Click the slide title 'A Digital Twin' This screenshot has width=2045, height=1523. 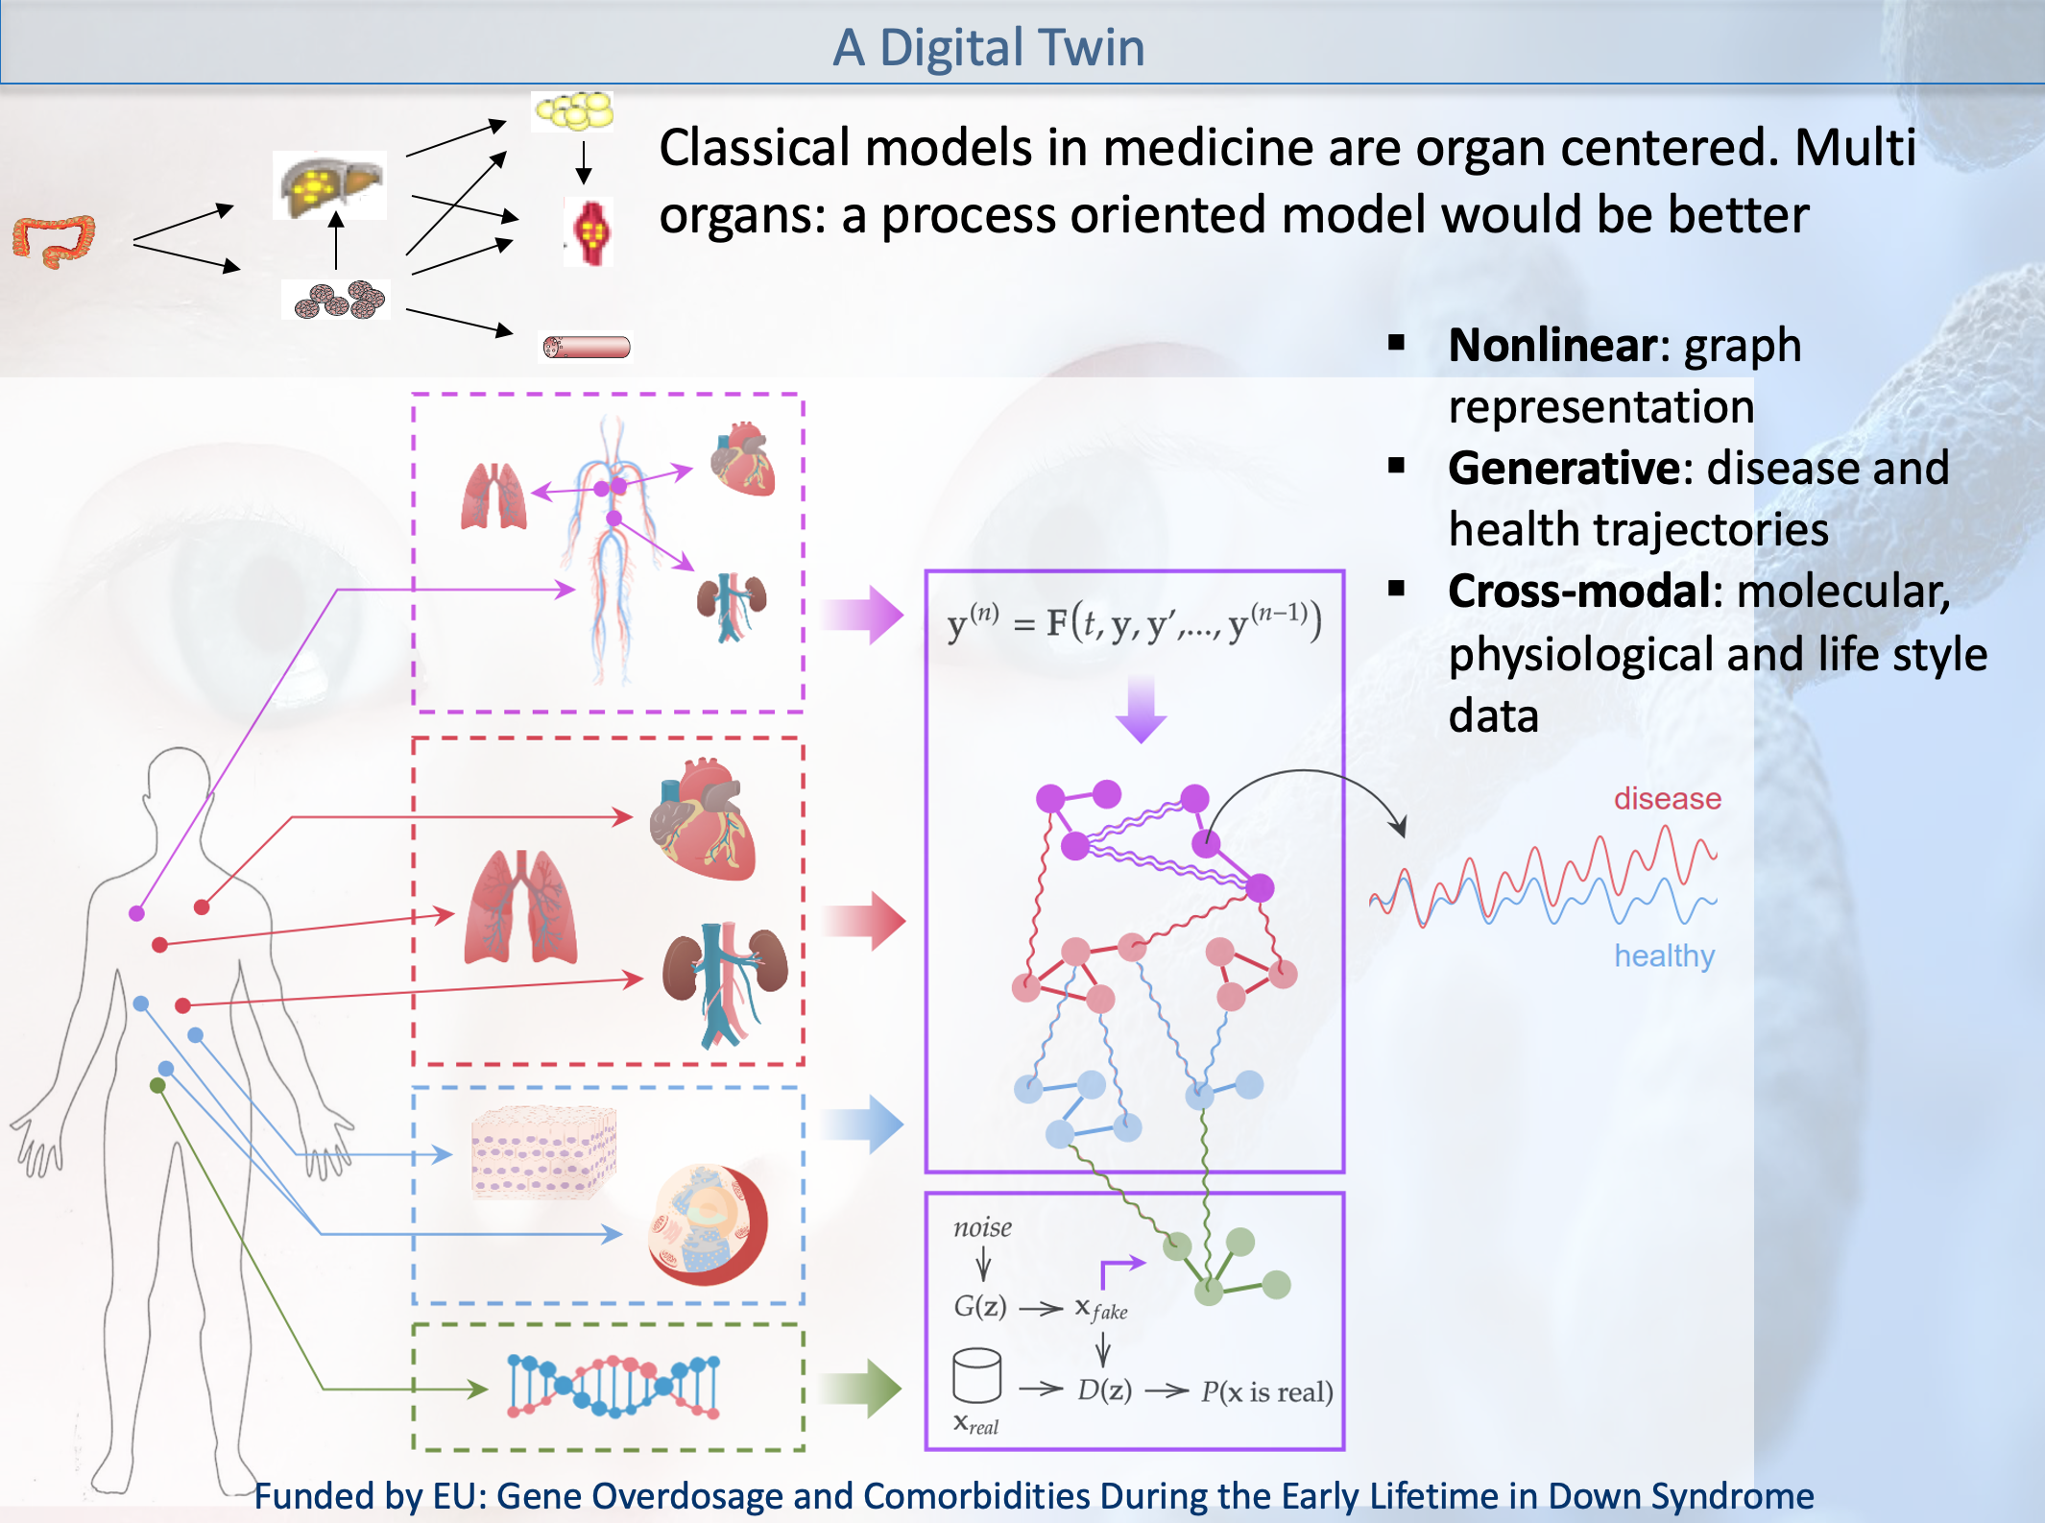[988, 47]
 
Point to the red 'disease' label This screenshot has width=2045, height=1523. [1667, 799]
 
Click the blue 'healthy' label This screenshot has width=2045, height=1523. [1664, 956]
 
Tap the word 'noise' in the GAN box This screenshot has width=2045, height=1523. [982, 1227]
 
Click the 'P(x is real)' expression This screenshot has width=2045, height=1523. [1266, 1391]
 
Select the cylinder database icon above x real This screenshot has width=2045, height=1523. [976, 1375]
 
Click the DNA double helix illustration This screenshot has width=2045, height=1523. [613, 1386]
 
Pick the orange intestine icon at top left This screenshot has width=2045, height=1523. [54, 240]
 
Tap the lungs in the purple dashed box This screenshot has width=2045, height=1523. [493, 496]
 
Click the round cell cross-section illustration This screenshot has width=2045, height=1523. [709, 1225]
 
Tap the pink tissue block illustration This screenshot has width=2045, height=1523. [543, 1151]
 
